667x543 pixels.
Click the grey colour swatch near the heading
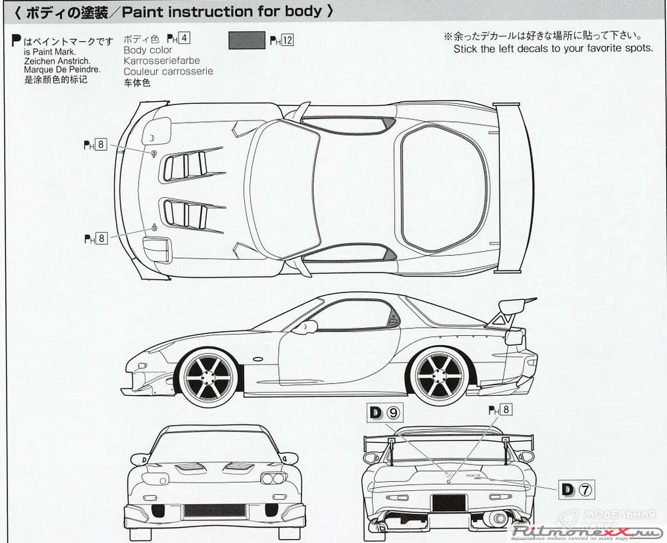[x=247, y=40]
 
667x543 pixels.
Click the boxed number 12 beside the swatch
[x=287, y=40]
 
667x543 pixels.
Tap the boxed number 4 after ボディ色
[x=185, y=39]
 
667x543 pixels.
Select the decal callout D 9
[x=386, y=412]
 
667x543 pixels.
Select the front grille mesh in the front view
[x=213, y=511]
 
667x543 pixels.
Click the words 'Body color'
[x=147, y=50]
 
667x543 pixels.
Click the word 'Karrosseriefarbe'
[x=161, y=61]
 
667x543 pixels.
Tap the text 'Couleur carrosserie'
[x=168, y=71]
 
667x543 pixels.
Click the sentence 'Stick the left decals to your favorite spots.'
[x=553, y=49]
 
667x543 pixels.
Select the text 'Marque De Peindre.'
[x=57, y=69]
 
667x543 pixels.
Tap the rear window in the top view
[x=442, y=189]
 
